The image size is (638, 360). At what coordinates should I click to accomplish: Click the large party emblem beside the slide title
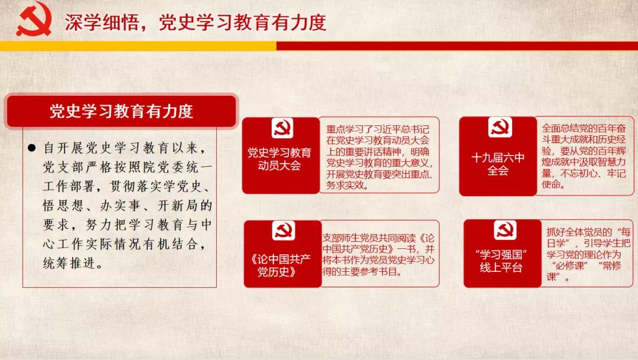click(x=34, y=19)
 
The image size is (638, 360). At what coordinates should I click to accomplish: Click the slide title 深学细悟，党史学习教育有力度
click(x=196, y=22)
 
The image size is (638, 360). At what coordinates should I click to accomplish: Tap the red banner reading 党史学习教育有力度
click(x=121, y=111)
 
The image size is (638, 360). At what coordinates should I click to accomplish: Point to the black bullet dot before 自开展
click(x=32, y=148)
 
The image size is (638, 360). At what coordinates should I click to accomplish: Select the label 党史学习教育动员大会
click(x=279, y=159)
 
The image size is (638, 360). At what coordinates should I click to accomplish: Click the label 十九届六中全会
click(x=497, y=164)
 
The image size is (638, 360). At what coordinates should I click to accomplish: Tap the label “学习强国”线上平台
click(x=501, y=261)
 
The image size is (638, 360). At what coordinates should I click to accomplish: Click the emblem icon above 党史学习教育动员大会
click(x=282, y=128)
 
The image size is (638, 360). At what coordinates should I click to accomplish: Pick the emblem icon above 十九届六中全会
click(x=500, y=127)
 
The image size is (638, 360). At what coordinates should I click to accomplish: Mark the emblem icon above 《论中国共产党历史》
click(x=284, y=231)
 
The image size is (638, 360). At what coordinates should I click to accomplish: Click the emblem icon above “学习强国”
click(x=505, y=230)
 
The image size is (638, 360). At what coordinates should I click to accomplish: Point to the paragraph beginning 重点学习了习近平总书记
click(x=379, y=157)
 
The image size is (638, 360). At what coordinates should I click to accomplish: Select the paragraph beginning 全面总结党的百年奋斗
click(x=584, y=156)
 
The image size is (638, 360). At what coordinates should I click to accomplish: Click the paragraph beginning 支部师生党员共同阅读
click(x=379, y=254)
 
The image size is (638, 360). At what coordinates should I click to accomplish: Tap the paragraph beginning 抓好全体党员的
click(x=588, y=255)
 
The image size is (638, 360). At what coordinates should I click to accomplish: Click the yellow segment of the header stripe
click(x=138, y=46)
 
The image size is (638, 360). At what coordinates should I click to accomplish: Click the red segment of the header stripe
click(x=457, y=46)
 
